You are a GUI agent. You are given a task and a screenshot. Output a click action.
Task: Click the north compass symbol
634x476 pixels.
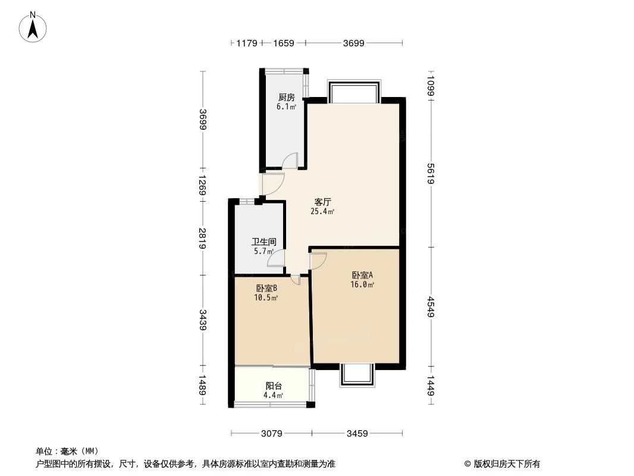pyautogui.click(x=33, y=27)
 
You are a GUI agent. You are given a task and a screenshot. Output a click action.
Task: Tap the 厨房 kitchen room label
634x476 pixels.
pyautogui.click(x=287, y=98)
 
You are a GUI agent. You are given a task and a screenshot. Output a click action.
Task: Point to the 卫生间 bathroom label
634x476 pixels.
pyautogui.click(x=263, y=242)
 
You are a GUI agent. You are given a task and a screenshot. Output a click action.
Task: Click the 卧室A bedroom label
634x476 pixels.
pyautogui.click(x=362, y=275)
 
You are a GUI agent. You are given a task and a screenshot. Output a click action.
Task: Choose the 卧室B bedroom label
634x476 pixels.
pyautogui.click(x=266, y=289)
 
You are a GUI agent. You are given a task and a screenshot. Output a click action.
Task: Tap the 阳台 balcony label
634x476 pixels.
pyautogui.click(x=274, y=386)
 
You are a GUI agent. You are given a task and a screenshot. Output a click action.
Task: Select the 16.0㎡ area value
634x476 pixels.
pyautogui.click(x=362, y=284)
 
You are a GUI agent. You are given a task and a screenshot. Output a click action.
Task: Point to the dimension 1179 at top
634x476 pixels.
pyautogui.click(x=246, y=43)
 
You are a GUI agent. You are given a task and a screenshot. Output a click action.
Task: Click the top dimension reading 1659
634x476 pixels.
pyautogui.click(x=283, y=43)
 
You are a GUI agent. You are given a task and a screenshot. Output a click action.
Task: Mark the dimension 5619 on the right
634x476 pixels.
pyautogui.click(x=431, y=173)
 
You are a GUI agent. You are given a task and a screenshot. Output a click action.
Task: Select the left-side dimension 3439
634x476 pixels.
pyautogui.click(x=203, y=320)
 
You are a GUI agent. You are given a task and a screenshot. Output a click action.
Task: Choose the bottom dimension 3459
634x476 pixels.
pyautogui.click(x=357, y=433)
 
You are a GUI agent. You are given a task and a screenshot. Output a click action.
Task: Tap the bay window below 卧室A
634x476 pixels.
pyautogui.click(x=357, y=375)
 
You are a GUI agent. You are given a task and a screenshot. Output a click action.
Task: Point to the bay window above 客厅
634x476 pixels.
pyautogui.click(x=354, y=92)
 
